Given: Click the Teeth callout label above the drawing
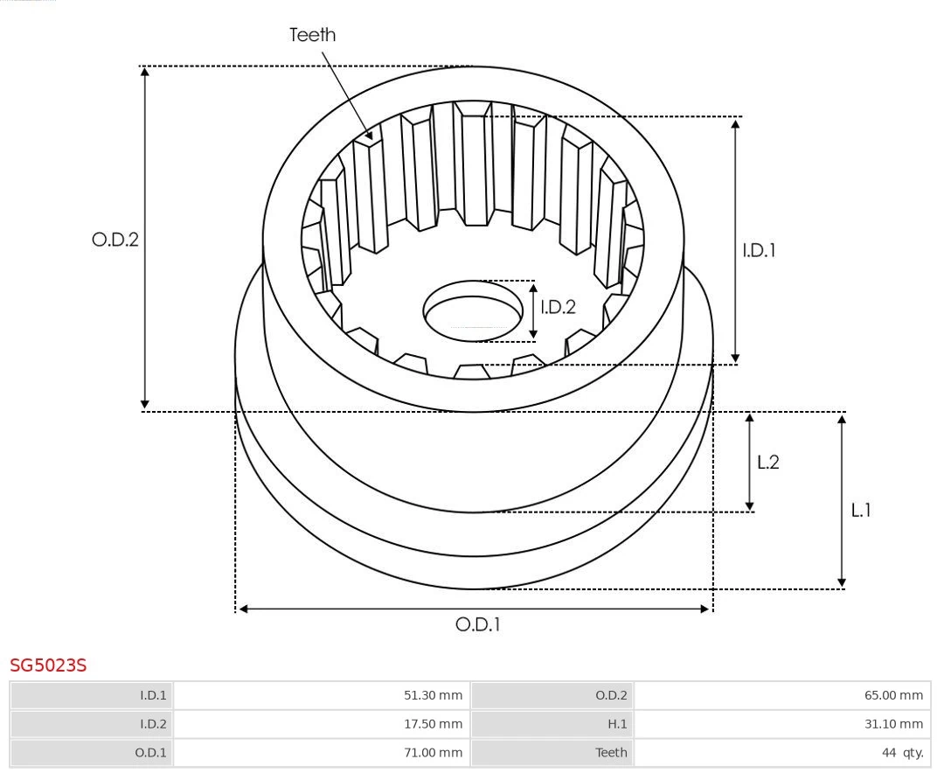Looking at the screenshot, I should click(x=312, y=35).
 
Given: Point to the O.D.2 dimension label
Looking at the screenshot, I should click(x=115, y=240).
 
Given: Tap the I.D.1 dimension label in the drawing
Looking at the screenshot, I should click(x=759, y=251).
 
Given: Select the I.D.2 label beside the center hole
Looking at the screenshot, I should click(x=558, y=307).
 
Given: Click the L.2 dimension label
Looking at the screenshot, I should click(x=767, y=463).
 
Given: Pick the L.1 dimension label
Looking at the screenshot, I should click(x=861, y=510).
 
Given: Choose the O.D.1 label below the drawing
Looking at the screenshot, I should click(x=478, y=625).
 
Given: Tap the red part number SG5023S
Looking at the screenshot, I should click(x=48, y=666).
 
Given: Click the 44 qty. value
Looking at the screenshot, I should click(x=903, y=752).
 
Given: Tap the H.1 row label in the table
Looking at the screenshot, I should click(x=617, y=724).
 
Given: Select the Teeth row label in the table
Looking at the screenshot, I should click(x=611, y=752).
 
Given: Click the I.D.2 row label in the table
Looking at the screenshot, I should click(x=153, y=724).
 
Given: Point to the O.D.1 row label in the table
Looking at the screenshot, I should click(x=151, y=752).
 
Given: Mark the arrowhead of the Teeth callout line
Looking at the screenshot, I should click(x=372, y=137).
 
